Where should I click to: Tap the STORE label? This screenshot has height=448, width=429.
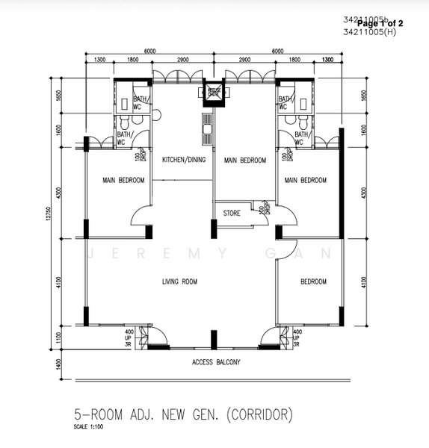pos(232,214)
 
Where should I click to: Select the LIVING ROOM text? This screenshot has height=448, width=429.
pos(179,281)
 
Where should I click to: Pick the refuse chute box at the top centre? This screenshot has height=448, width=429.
pos(214,93)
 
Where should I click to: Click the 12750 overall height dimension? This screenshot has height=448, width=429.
pos(46,213)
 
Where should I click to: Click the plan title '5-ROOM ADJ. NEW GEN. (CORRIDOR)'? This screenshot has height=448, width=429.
pos(183,413)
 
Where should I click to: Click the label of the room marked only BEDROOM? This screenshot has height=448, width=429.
pos(313,281)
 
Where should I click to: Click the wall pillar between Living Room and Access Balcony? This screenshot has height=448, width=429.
pos(214,336)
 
